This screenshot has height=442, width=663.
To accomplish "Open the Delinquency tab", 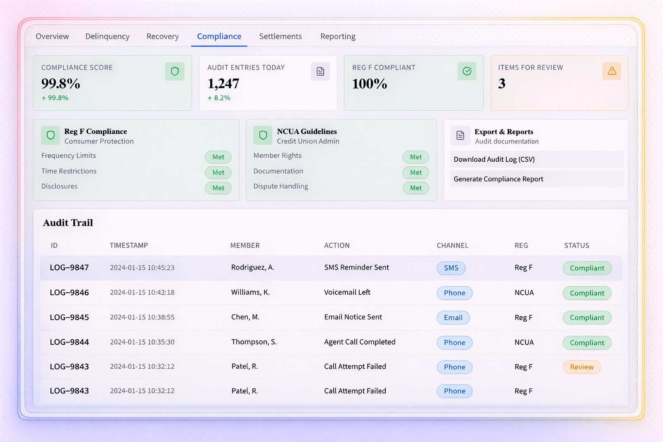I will click(107, 36).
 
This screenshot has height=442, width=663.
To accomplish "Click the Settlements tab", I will click(281, 36).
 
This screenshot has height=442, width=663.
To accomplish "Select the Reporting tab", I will click(338, 36).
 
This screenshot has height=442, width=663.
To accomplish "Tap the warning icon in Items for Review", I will click(612, 71).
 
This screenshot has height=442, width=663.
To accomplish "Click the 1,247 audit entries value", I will click(223, 84).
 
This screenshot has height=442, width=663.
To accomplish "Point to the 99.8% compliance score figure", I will click(61, 84).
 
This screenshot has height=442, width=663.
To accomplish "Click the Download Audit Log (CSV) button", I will click(536, 159).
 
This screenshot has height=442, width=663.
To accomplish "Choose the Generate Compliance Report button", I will click(536, 179).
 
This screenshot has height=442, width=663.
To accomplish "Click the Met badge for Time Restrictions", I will click(218, 172).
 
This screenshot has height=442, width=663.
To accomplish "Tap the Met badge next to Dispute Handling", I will click(416, 188).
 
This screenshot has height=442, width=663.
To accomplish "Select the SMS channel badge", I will click(451, 268).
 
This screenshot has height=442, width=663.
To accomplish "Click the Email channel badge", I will click(453, 318).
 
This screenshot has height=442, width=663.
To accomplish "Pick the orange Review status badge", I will click(581, 367).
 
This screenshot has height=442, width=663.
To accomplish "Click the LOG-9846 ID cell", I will click(69, 293).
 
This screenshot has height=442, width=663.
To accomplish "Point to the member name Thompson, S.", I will click(254, 342).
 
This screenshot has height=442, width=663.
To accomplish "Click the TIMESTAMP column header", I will click(129, 245).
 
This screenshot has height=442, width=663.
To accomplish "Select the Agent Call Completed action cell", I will click(360, 342).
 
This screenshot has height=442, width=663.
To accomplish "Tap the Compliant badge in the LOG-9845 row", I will click(587, 318).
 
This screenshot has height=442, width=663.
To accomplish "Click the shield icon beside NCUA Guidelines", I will click(263, 135).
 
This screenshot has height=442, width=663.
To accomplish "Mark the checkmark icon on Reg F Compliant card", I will click(467, 71).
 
